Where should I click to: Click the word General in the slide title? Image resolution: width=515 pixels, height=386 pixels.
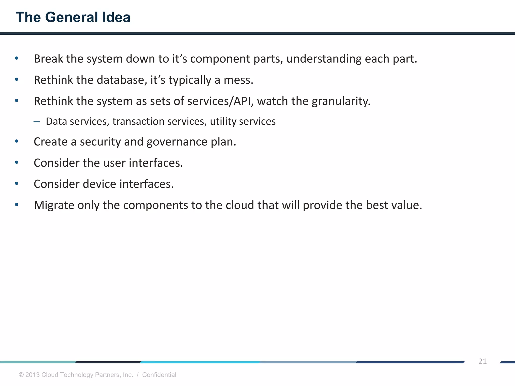(x=72, y=17)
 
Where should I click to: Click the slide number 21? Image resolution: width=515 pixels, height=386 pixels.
(x=482, y=361)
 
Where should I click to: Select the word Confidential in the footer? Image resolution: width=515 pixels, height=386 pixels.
(x=159, y=375)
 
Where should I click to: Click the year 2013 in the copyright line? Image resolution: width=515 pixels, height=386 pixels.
(x=32, y=375)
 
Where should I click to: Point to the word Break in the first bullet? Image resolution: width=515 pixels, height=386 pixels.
(x=48, y=59)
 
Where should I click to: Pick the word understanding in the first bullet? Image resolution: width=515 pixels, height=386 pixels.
(x=324, y=59)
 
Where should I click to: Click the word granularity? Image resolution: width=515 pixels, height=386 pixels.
(x=341, y=101)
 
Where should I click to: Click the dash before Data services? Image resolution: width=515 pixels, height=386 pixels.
(x=37, y=122)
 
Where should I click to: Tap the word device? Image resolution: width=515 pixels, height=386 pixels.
(x=99, y=184)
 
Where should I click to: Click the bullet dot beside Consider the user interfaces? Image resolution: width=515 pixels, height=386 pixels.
(x=17, y=163)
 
